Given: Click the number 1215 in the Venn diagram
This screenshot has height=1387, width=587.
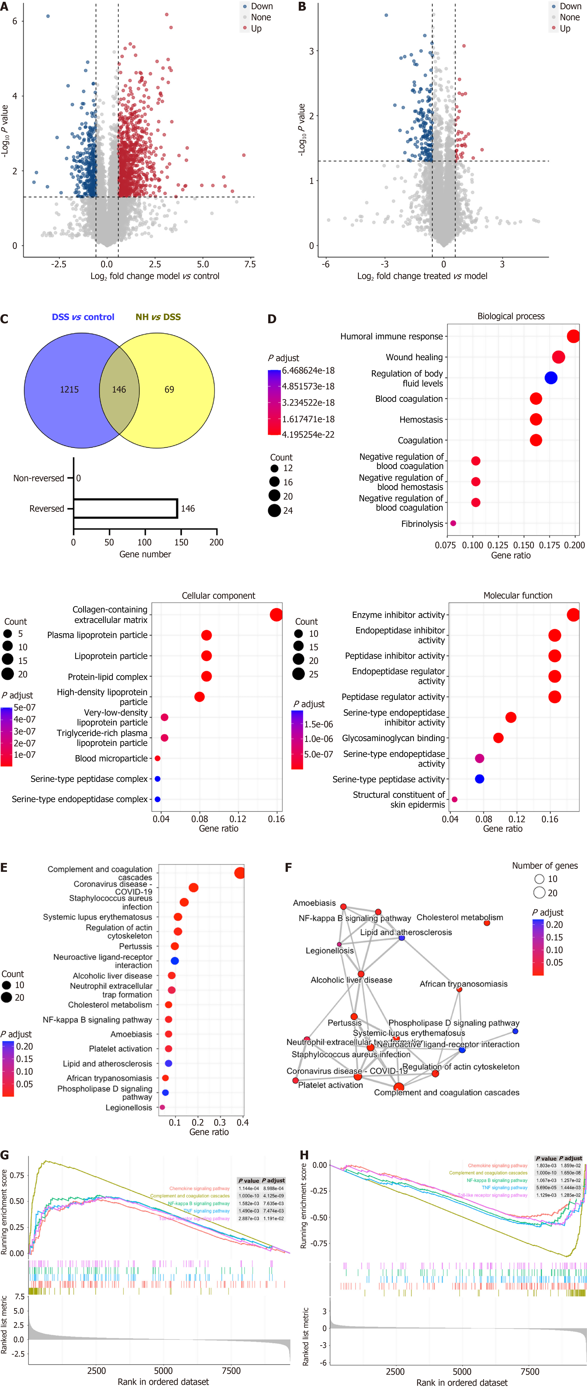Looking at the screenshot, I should click(x=69, y=389).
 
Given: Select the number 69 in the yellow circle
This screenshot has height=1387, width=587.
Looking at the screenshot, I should click(x=169, y=389).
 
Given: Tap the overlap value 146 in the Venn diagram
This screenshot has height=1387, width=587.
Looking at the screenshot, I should click(x=119, y=389).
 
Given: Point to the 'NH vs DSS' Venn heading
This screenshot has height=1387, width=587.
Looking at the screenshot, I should click(x=158, y=317).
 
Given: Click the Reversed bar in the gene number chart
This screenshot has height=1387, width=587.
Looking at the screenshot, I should click(x=125, y=508).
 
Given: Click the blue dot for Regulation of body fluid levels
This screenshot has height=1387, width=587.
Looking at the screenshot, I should click(x=550, y=378).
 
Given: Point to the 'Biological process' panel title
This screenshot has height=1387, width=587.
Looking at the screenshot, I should click(x=511, y=316).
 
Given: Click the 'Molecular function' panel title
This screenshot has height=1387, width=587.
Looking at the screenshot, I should click(x=518, y=595).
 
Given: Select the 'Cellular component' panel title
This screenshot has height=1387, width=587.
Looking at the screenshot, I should click(x=218, y=595).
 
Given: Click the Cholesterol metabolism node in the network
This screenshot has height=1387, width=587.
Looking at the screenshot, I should click(x=487, y=923).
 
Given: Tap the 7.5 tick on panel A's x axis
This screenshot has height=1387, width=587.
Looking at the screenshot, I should click(x=250, y=264).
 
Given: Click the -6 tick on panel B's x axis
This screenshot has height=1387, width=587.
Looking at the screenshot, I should click(x=326, y=264).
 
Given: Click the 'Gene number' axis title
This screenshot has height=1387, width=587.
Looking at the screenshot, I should click(x=145, y=554).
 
